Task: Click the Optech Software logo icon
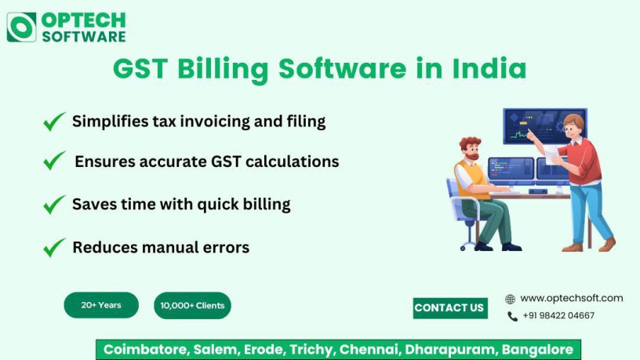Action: pyautogui.click(x=21, y=27)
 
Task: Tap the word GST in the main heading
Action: pyautogui.click(x=141, y=69)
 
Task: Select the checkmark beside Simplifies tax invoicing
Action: pyautogui.click(x=54, y=122)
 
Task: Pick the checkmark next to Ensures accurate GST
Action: pyautogui.click(x=54, y=161)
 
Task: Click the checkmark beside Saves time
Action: pyautogui.click(x=54, y=204)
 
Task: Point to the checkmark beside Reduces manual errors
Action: pyautogui.click(x=54, y=247)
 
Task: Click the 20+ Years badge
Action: pyautogui.click(x=101, y=305)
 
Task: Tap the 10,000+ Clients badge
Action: pyautogui.click(x=192, y=306)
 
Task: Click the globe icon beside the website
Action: pyautogui.click(x=511, y=299)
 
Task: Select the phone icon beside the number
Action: pyautogui.click(x=512, y=316)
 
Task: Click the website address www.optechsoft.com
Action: pyautogui.click(x=571, y=298)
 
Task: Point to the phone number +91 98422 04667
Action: pyautogui.click(x=558, y=316)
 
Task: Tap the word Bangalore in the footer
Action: pyautogui.click(x=537, y=350)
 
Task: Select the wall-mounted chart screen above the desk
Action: pyautogui.click(x=544, y=125)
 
